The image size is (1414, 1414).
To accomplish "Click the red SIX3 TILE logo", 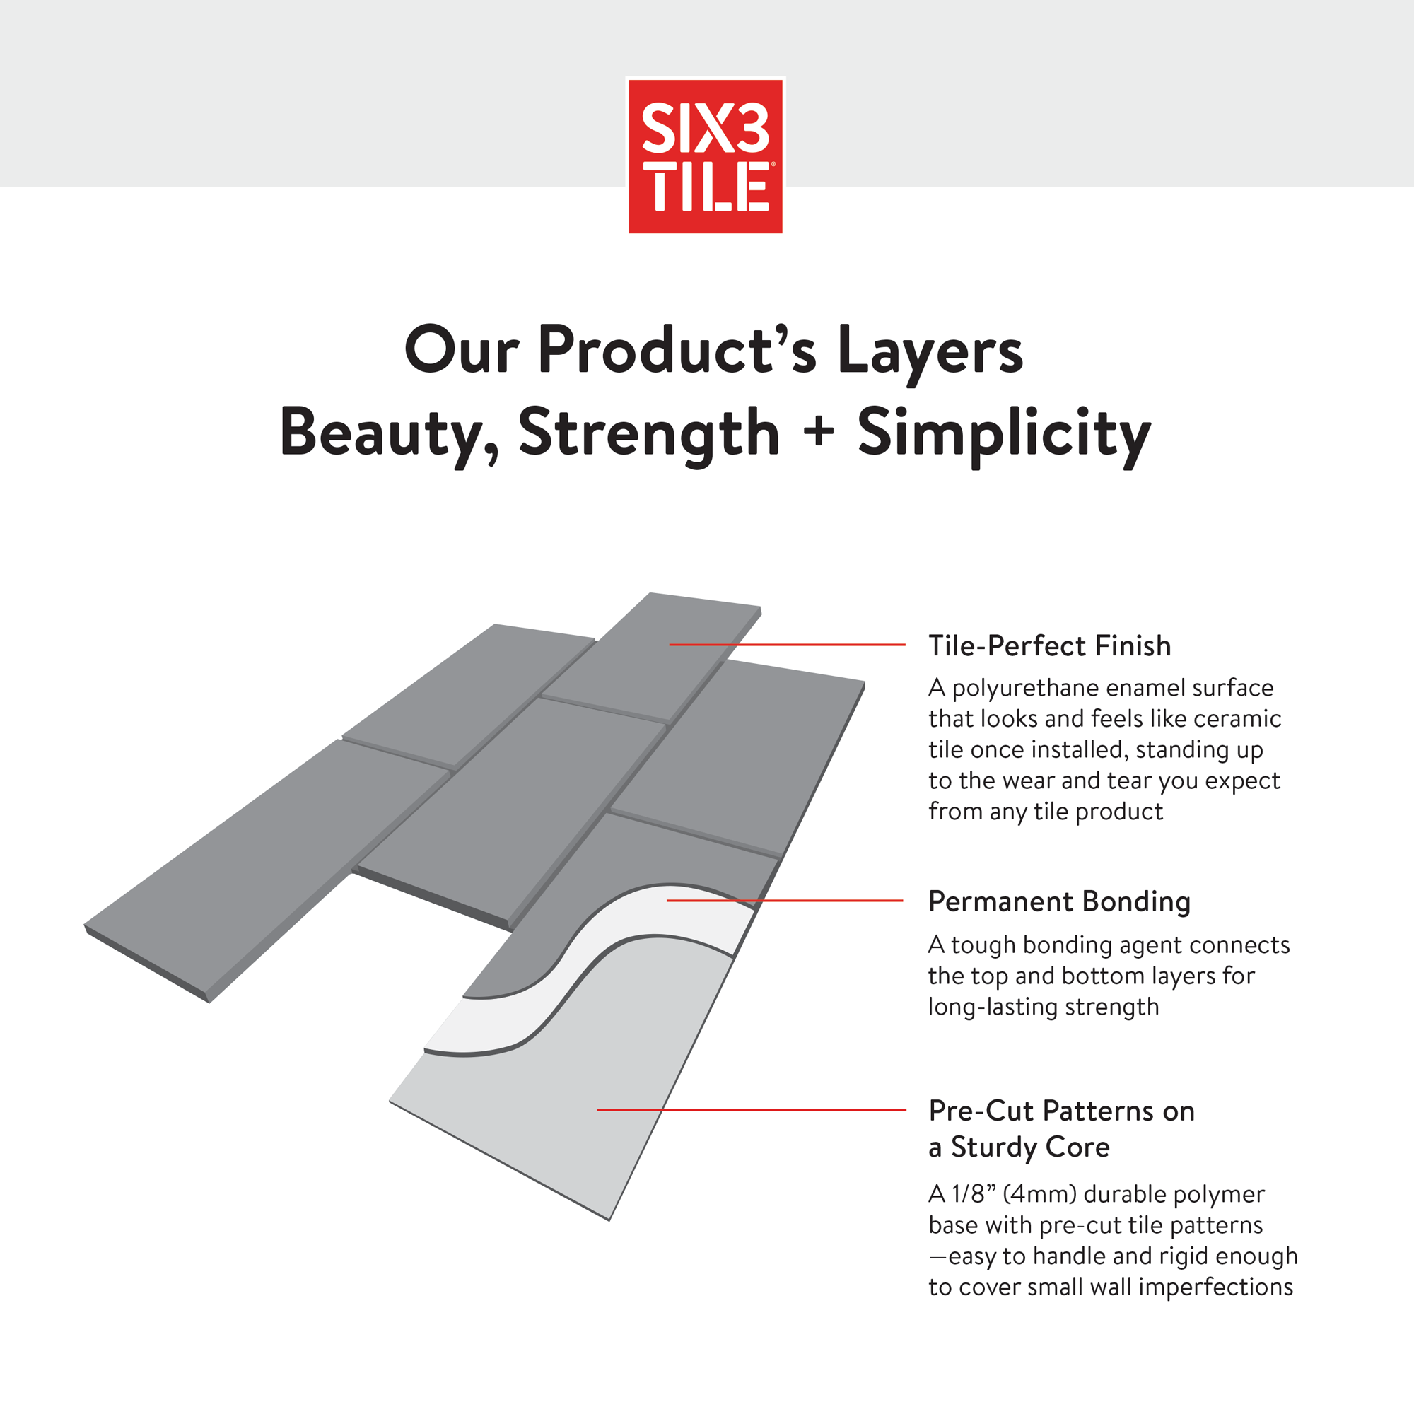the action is point(706,156).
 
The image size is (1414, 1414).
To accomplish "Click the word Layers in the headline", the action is point(930,351).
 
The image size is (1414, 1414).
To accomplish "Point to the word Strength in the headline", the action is point(648,434).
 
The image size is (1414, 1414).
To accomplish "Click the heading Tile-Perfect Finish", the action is point(1049,645).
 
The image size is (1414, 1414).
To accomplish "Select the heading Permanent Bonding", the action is point(1059,901).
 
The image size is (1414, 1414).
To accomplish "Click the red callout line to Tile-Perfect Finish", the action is point(788,645).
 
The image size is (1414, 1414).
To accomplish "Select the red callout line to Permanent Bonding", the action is point(785,900).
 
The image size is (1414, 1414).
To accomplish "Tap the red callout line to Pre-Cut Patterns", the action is point(752,1109).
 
